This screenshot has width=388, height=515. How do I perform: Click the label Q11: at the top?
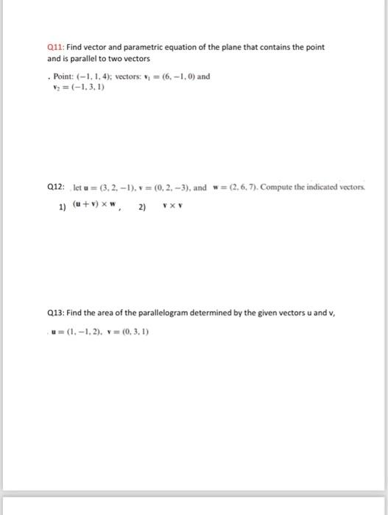click(54, 47)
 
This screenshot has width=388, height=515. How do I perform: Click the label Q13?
click(54, 313)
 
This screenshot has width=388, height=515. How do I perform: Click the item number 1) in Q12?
click(63, 207)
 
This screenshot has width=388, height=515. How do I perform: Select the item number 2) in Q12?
click(143, 207)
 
